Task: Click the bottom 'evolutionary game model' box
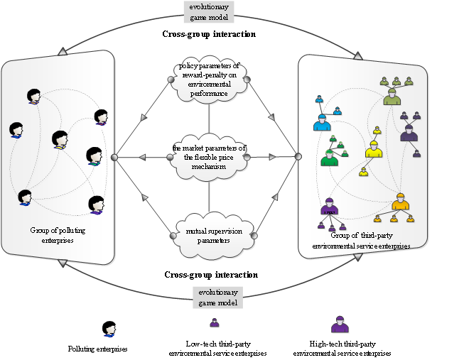tap(218, 298)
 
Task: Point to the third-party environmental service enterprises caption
tap(361, 241)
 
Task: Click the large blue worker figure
tap(321, 122)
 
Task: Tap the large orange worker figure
tap(400, 202)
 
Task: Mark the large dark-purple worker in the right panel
tap(408, 133)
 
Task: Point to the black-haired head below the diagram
tap(109, 331)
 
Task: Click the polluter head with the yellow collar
tap(33, 97)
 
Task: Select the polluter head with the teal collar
tap(94, 156)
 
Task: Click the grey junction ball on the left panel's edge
tap(114, 157)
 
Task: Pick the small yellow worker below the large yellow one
tap(363, 172)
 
